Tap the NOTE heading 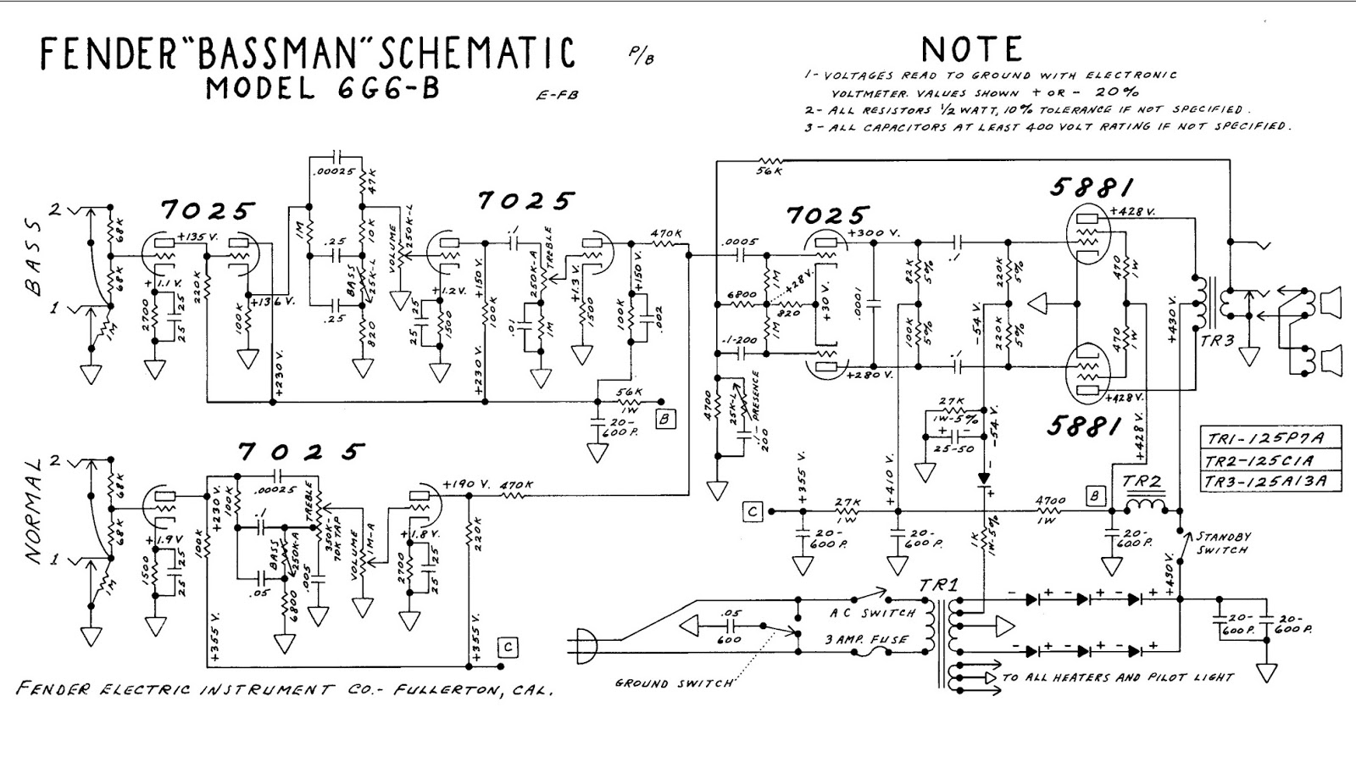(971, 49)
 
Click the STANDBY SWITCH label (1222, 543)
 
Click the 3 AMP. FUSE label (865, 639)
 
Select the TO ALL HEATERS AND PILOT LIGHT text (1117, 677)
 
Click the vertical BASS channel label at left (32, 256)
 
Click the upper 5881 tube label (1092, 187)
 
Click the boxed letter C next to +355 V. (751, 511)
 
